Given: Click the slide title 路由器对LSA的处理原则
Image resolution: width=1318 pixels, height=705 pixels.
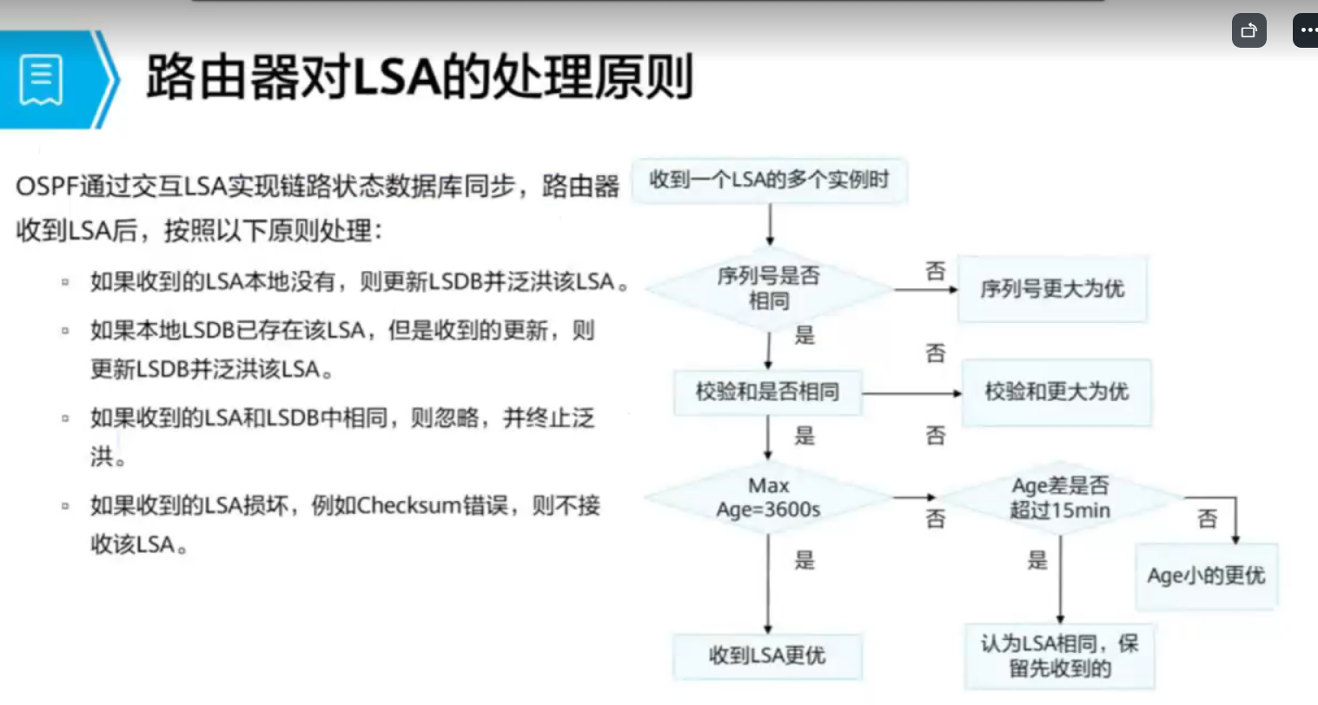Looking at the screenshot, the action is pyautogui.click(x=419, y=77).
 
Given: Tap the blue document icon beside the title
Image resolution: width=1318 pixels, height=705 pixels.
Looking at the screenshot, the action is pyautogui.click(x=41, y=79).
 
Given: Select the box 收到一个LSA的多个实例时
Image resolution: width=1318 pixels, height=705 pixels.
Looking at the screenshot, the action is pyautogui.click(x=769, y=181).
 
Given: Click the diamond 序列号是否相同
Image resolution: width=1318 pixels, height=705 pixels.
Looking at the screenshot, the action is pyautogui.click(x=769, y=288).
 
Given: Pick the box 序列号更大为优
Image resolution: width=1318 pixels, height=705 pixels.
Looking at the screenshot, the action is pyautogui.click(x=1051, y=289).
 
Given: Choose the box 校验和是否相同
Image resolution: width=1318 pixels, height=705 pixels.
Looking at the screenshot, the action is pyautogui.click(x=767, y=392).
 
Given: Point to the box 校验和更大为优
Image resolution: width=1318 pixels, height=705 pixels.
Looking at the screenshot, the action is pyautogui.click(x=1056, y=392).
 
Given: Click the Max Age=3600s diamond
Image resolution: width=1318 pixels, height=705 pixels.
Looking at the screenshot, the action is pyautogui.click(x=768, y=497).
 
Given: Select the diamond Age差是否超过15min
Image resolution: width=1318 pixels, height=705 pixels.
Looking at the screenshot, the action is pyautogui.click(x=1060, y=497).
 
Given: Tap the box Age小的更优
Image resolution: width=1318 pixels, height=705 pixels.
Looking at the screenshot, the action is pyautogui.click(x=1206, y=576).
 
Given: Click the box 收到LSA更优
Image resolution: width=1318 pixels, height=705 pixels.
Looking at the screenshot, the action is pyautogui.click(x=767, y=656).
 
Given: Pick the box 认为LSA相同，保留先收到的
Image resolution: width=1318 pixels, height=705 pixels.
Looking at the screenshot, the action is pyautogui.click(x=1059, y=656).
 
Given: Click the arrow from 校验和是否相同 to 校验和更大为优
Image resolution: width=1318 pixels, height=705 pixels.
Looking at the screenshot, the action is pyautogui.click(x=911, y=393).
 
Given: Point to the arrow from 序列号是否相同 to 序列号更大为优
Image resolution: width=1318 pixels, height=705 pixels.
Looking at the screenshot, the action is pyautogui.click(x=924, y=289).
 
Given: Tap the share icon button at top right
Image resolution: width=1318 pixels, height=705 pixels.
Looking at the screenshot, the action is pyautogui.click(x=1248, y=30).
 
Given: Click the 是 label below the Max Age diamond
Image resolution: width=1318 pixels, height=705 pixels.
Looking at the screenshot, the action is pyautogui.click(x=805, y=560).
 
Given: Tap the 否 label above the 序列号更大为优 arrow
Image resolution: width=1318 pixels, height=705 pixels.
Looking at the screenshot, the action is pyautogui.click(x=935, y=271).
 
